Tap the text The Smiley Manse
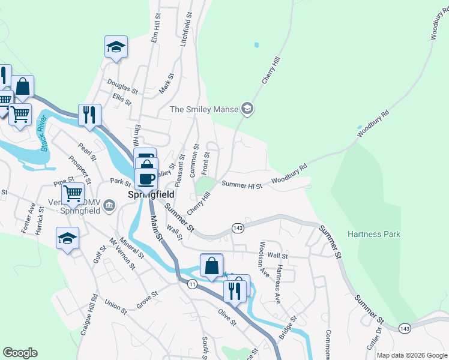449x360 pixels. click(204, 109)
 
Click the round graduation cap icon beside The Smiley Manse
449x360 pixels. click(247, 109)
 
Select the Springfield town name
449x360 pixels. click(151, 195)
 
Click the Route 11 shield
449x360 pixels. click(192, 284)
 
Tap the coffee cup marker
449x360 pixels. click(146, 178)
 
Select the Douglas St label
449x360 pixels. click(122, 87)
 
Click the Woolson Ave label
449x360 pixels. click(263, 259)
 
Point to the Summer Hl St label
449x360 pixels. click(243, 185)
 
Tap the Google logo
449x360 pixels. click(20, 353)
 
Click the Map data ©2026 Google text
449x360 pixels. click(411, 355)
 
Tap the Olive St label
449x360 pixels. click(228, 317)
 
